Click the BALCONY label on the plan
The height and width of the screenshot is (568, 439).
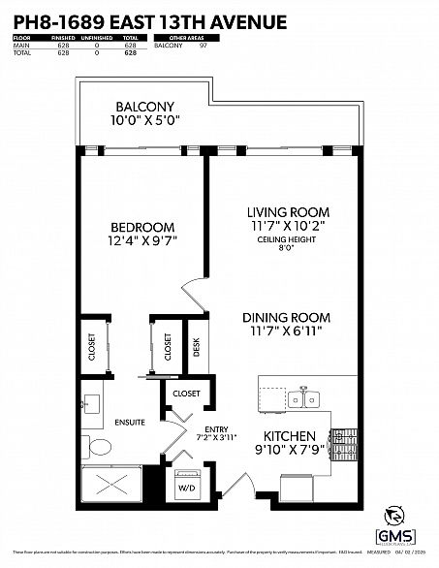(x=144, y=107)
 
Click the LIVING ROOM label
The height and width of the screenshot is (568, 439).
(x=288, y=211)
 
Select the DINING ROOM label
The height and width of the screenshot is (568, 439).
(x=286, y=317)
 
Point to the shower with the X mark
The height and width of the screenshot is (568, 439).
(x=111, y=488)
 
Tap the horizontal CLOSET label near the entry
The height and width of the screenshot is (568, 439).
(x=186, y=394)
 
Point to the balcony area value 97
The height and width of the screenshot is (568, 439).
(x=204, y=46)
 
